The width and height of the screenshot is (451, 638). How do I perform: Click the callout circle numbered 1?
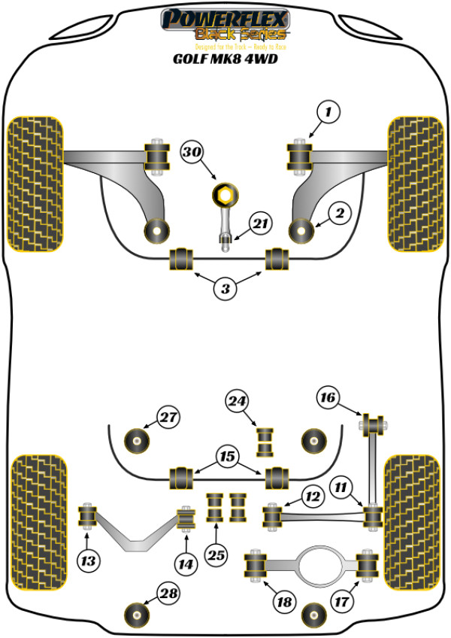328,113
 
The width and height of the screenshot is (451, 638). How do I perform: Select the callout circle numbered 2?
340,214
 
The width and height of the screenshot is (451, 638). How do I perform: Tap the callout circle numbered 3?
225,287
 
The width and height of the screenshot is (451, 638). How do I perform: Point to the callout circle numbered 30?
192,153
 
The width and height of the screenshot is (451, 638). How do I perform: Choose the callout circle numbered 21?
260,224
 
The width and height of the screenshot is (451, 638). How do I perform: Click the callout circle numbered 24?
238,403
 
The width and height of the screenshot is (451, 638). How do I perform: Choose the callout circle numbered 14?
184,561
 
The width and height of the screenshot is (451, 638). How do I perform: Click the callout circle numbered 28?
171,594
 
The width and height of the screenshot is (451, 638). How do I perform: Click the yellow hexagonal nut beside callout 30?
223,194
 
